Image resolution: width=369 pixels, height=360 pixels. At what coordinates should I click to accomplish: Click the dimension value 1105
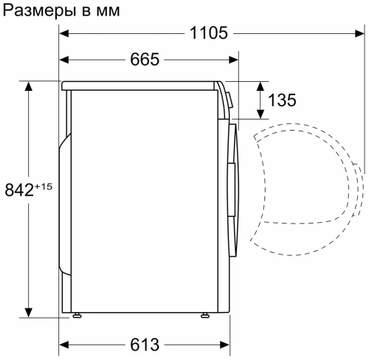coord(207,33)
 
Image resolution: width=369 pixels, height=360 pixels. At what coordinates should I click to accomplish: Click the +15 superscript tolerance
coord(42,186)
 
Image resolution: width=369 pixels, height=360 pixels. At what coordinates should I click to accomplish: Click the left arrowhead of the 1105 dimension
coord(64,33)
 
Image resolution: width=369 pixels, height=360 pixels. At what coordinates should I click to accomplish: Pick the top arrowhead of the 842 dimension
coord(29,86)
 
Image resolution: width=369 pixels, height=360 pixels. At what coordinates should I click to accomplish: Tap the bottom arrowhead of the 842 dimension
coord(29,311)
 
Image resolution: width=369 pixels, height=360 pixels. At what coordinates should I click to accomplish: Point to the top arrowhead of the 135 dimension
coord(261,86)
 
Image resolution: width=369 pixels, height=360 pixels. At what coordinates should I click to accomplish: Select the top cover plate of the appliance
coord(140,85)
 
